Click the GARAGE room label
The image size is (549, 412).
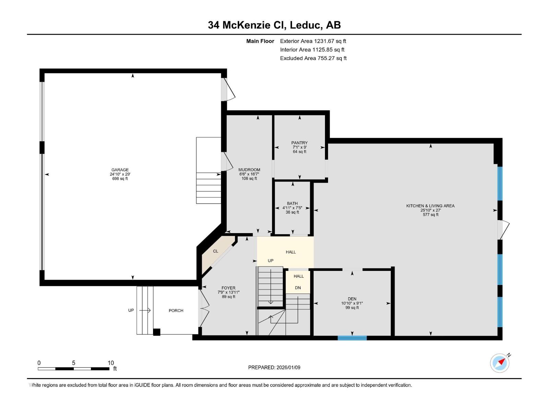(120, 170)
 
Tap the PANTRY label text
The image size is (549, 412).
(299, 143)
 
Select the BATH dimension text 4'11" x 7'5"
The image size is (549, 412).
(292, 208)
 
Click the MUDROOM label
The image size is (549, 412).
(249, 170)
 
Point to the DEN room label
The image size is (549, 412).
(352, 299)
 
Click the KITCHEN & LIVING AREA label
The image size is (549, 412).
(430, 206)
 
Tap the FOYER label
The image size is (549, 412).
(228, 288)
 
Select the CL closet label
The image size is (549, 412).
(215, 251)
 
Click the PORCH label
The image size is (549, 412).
(176, 310)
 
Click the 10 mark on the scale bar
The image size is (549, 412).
(110, 363)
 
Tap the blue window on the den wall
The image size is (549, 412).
(352, 338)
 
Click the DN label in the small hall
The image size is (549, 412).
(298, 288)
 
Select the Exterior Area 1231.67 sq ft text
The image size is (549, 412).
(313, 41)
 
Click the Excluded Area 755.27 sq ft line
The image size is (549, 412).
(313, 58)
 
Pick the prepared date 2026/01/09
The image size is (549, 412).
(288, 367)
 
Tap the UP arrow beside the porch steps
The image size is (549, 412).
(145, 310)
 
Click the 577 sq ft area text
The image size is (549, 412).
(430, 215)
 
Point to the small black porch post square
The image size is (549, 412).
(156, 332)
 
